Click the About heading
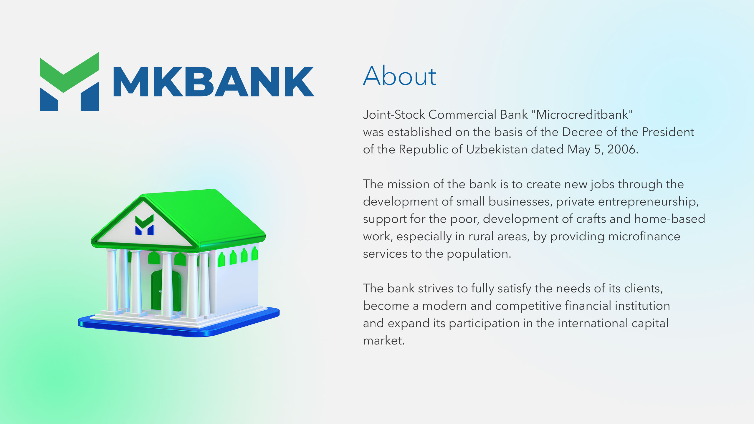click(x=399, y=76)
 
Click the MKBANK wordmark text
click(x=214, y=82)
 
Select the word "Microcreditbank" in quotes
click(x=582, y=115)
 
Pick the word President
click(x=668, y=132)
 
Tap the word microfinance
click(x=644, y=236)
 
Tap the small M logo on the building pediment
click(x=144, y=225)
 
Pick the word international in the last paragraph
click(x=593, y=323)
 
